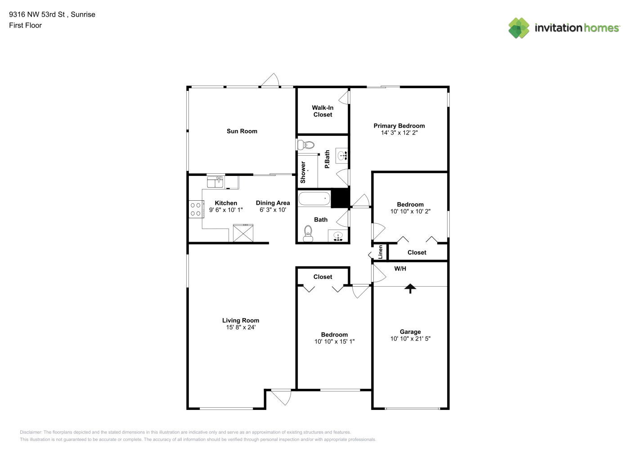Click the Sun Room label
[242, 131]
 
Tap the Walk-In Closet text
[322, 111]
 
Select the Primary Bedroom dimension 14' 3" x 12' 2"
[399, 133]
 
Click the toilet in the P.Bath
[306, 145]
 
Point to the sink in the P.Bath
[342, 156]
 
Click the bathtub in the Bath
[314, 198]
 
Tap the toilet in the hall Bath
[308, 234]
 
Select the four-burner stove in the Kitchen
[196, 209]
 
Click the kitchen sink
[215, 182]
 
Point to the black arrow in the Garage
[410, 288]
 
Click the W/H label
[400, 269]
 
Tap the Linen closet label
[381, 252]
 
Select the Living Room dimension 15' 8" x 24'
[241, 327]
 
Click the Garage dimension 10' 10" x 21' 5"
[410, 339]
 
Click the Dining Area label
[273, 203]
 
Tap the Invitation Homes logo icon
[519, 28]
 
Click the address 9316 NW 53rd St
[37, 14]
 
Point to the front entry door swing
[281, 398]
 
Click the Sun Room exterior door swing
[270, 80]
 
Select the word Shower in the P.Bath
[303, 172]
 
